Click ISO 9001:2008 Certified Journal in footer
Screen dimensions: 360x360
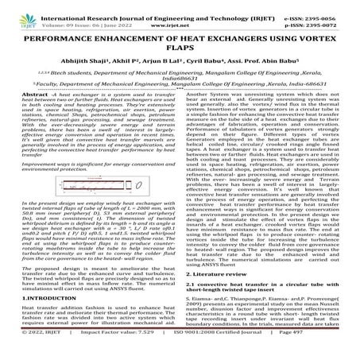coord(234,353)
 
